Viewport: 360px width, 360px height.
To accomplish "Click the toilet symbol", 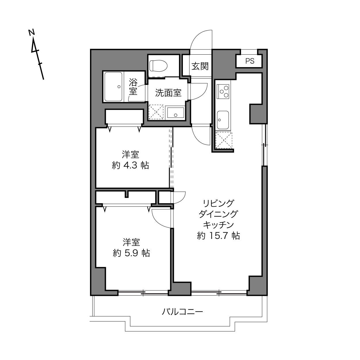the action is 158,66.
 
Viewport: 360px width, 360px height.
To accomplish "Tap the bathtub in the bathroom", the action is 113,87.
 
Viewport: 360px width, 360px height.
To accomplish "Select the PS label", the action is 250,61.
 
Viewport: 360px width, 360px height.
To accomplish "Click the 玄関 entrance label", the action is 200,66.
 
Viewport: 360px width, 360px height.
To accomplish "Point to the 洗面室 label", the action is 168,93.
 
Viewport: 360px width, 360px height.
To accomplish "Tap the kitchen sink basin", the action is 223,120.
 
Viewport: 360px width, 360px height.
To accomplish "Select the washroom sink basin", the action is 175,113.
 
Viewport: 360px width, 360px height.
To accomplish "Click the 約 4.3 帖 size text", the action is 131,165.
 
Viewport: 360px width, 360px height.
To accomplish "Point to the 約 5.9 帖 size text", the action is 131,253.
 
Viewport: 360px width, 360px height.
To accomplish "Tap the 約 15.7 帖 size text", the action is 219,235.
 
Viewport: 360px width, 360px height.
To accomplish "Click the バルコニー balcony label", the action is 182,312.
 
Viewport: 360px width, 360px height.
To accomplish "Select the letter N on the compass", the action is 32,32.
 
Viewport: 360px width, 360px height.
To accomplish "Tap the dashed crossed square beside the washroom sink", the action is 156,112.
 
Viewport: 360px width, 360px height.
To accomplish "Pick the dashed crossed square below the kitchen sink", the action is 224,140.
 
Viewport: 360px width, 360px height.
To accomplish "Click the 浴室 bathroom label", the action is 133,87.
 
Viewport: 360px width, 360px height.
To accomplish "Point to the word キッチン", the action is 219,225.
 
